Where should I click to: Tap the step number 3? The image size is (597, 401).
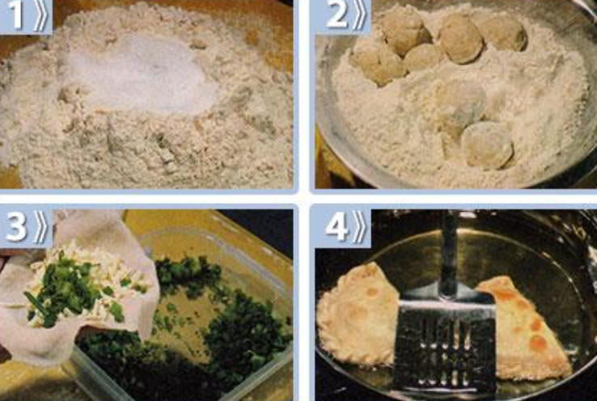(16, 226)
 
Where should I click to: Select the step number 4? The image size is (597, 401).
(337, 226)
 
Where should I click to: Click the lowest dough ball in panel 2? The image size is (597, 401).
(487, 146)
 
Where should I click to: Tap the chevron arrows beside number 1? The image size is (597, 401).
(40, 16)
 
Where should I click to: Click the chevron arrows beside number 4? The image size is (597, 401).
(359, 227)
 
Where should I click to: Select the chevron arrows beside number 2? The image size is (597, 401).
(359, 16)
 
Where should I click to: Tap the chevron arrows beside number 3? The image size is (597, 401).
(40, 227)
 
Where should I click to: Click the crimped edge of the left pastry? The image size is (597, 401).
(327, 335)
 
